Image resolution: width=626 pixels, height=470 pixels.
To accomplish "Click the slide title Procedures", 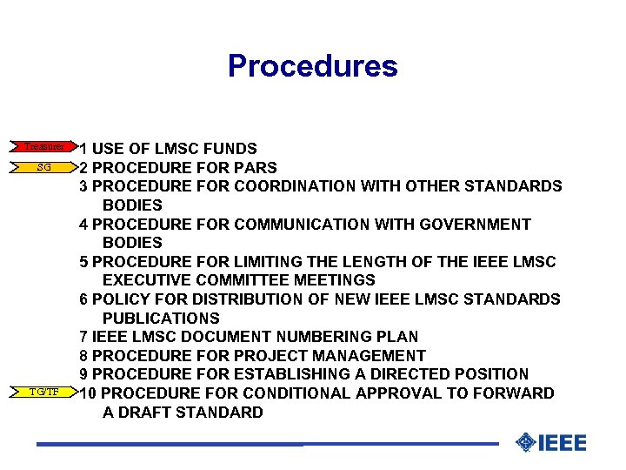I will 312,66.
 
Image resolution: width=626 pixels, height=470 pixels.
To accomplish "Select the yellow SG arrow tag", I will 43,166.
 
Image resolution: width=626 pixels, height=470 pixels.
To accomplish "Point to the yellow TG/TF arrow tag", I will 43,392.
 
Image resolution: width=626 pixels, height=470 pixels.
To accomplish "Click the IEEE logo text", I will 563,443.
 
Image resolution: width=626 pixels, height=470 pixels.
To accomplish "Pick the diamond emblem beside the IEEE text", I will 525,443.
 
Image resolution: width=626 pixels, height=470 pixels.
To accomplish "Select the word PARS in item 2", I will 255,168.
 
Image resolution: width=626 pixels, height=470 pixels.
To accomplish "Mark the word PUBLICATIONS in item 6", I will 161,318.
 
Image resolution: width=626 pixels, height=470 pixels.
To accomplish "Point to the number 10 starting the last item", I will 89,393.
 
